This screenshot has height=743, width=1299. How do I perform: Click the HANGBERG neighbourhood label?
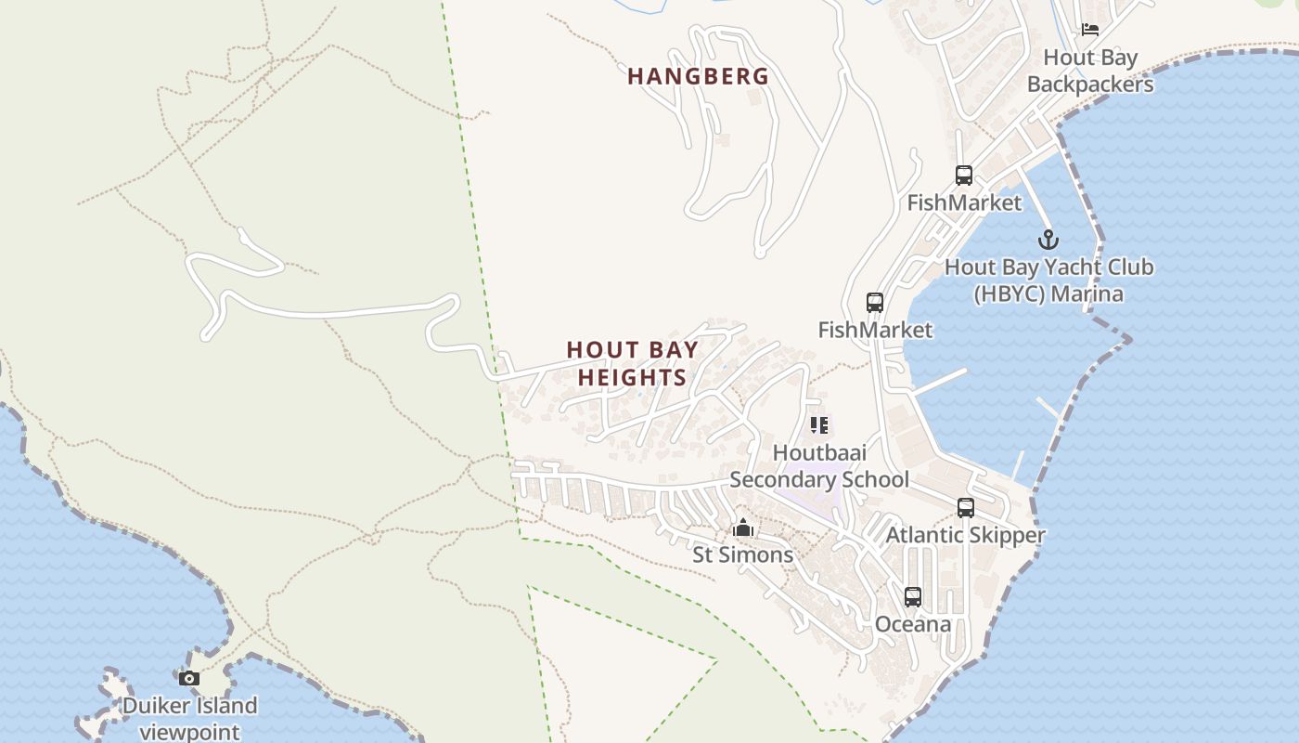click(699, 76)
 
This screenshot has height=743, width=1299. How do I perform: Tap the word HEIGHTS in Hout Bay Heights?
click(632, 377)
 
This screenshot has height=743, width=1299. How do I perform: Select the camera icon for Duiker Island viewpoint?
click(189, 679)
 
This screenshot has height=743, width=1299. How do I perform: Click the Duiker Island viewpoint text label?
click(189, 718)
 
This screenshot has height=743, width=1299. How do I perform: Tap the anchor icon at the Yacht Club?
click(1048, 240)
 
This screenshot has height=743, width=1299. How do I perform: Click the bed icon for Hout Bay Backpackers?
click(1090, 30)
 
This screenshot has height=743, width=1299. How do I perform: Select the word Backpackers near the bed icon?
click(1090, 85)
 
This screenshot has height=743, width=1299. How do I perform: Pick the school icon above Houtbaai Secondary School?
click(818, 425)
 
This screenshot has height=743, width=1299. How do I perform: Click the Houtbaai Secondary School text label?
click(819, 466)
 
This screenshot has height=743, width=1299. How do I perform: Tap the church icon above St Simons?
click(742, 528)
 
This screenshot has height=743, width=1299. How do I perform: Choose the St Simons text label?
click(743, 555)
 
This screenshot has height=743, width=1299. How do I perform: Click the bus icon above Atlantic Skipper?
click(966, 508)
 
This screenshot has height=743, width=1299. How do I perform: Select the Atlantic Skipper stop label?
click(965, 535)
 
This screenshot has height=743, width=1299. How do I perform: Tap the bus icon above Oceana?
click(913, 597)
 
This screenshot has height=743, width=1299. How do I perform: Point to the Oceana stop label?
click(913, 624)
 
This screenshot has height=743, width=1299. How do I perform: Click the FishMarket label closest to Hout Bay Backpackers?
click(964, 202)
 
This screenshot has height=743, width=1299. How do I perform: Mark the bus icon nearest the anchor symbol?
click(964, 175)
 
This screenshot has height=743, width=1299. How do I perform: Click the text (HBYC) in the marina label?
click(1008, 294)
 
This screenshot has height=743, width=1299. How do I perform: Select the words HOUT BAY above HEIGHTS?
click(632, 350)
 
